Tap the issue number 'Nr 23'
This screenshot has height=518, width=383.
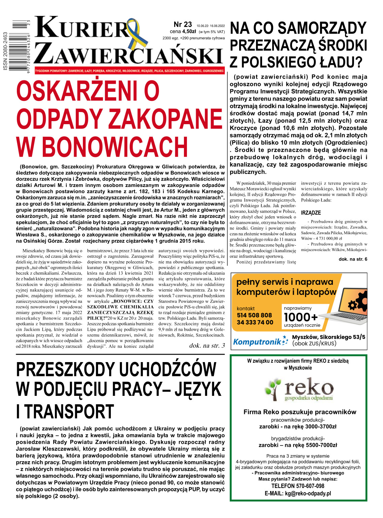[183, 25]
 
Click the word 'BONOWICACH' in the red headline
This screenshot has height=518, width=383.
[115, 147]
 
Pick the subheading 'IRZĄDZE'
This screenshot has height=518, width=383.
[311, 213]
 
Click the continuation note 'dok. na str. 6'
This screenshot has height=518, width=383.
[353, 259]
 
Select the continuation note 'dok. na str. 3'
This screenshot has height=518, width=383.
[207, 345]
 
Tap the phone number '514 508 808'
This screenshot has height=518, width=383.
[254, 315]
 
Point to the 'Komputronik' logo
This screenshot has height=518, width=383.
[257, 342]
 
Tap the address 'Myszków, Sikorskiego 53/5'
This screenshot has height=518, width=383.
[328, 337]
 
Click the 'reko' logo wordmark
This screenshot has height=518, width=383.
[308, 388]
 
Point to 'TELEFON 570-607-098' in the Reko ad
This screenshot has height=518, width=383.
[298, 486]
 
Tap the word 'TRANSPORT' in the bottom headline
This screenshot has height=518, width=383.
[70, 412]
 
